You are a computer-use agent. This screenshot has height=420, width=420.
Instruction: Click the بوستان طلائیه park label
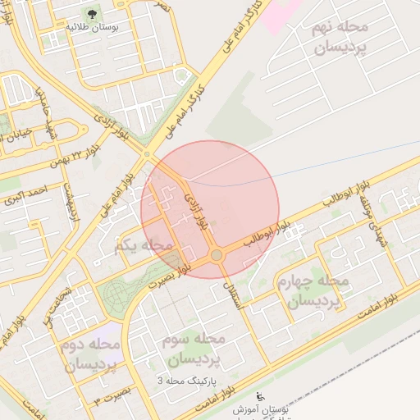click(92, 27)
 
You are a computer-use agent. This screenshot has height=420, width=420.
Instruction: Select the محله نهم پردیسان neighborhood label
click(340, 38)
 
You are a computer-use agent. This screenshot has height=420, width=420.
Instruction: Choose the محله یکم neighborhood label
click(146, 245)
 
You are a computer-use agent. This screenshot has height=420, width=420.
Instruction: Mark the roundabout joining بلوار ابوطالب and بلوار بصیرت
click(217, 256)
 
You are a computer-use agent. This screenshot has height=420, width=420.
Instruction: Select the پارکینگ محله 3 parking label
click(185, 381)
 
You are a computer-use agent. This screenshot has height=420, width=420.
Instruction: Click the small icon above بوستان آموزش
click(261, 396)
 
